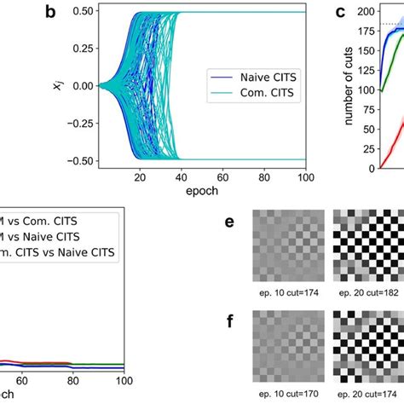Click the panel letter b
click(x=51, y=13)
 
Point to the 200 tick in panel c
click(x=366, y=12)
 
